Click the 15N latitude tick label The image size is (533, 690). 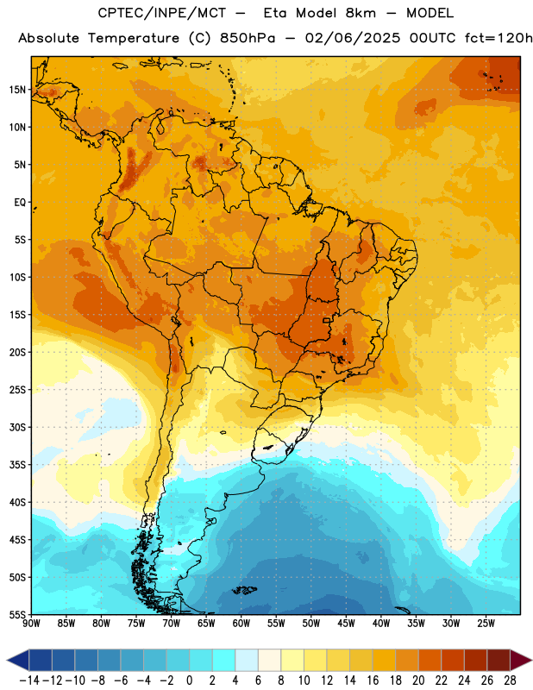coord(17,90)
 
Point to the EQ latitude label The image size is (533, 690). coord(20,203)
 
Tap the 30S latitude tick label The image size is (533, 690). coord(17,427)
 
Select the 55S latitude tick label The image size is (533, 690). coord(17,615)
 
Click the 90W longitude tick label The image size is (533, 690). coord(31,624)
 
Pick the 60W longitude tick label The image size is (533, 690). coord(241,624)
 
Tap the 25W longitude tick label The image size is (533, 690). coord(486,624)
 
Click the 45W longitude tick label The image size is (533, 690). coord(346,624)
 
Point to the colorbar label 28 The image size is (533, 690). coord(510,681)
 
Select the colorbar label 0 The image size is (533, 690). coord(189,681)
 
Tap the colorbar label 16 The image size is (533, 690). coord(373,681)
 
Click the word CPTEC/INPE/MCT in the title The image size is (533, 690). coord(162,14)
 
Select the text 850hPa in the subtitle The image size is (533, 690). coord(248,38)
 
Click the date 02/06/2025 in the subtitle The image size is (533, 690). coord(353,38)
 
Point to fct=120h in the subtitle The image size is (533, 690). coord(499,38)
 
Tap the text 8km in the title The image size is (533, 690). coord(361,14)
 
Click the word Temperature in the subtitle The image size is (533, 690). coord(134,39)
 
